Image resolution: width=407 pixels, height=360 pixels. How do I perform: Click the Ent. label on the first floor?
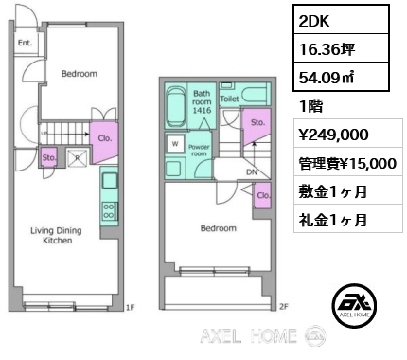(25, 43)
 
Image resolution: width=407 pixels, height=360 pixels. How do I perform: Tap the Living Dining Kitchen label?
(57, 236)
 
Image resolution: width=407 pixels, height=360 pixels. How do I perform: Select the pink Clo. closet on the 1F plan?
(104, 141)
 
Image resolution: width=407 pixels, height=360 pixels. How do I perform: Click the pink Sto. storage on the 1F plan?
(49, 157)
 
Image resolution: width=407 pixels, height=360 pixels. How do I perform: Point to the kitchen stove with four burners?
(109, 211)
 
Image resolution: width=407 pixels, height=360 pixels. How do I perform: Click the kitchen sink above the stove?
(110, 181)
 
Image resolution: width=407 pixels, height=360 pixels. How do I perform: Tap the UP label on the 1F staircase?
(44, 134)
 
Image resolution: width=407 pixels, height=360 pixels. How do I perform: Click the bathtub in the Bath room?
(176, 106)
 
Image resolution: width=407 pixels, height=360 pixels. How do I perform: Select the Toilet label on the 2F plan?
(229, 99)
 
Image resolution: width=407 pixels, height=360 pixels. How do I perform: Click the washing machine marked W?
(175, 144)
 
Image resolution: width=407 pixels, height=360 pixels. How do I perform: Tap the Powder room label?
(199, 151)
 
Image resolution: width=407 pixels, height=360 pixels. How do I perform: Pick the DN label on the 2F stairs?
(252, 172)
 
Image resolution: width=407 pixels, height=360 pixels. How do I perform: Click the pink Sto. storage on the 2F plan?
(257, 125)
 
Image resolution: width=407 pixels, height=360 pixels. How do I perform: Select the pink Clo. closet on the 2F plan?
(263, 195)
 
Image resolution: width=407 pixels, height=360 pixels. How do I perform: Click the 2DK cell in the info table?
(341, 20)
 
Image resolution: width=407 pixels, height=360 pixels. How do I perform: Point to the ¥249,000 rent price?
(333, 135)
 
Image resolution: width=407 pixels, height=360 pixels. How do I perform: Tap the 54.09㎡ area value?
(327, 78)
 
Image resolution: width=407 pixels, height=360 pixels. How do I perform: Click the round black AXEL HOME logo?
(354, 305)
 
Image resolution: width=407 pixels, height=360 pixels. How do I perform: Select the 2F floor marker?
(284, 306)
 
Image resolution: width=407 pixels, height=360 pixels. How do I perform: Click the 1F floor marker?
(131, 307)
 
